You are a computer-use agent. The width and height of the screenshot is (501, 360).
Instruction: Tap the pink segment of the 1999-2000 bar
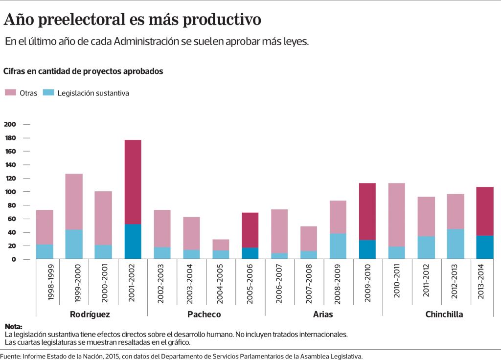click(74, 202)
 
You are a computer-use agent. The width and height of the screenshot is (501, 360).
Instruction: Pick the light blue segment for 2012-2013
click(455, 244)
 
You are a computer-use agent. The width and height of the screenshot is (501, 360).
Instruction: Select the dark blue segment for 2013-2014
click(485, 247)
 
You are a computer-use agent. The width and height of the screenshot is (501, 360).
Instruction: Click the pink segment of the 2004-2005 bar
click(221, 245)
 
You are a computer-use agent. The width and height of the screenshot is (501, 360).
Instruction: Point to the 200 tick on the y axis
click(11, 124)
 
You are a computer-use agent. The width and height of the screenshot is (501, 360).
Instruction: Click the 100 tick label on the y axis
click(11, 192)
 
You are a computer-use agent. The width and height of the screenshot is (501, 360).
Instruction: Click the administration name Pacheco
click(204, 315)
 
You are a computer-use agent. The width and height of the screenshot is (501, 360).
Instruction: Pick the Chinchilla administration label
click(444, 315)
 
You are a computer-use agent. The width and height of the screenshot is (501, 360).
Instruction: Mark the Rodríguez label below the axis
click(90, 315)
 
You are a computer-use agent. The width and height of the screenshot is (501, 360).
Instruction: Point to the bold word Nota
click(13, 327)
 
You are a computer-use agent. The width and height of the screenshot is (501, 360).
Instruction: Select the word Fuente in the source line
click(11, 356)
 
